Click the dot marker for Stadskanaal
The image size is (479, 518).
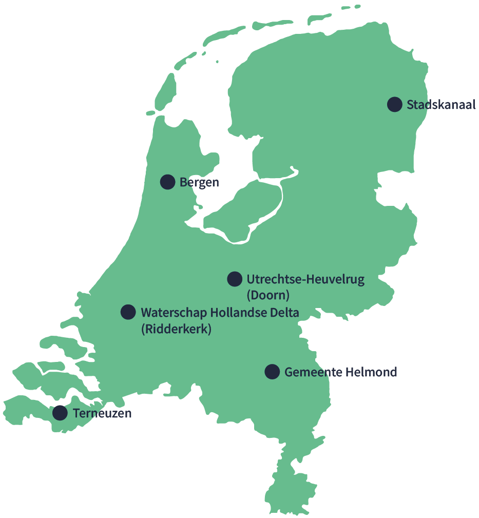click(394, 104)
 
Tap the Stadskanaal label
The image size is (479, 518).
click(441, 105)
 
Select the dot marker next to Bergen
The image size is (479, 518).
click(167, 182)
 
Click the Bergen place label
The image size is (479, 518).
click(199, 182)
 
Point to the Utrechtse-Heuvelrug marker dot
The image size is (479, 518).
click(235, 279)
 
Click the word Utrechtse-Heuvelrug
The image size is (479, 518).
click(305, 279)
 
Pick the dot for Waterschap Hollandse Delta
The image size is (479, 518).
click(128, 312)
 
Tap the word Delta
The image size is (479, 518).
click(284, 312)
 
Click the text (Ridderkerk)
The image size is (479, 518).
click(176, 329)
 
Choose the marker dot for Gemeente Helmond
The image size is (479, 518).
click(272, 372)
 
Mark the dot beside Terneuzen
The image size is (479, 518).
click(60, 413)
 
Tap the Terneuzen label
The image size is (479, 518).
click(102, 413)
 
